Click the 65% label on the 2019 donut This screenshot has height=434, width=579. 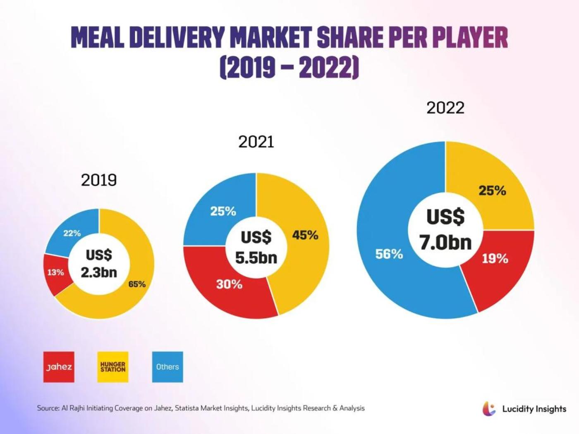coord(137,284)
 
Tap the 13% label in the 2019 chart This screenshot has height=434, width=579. coord(55,272)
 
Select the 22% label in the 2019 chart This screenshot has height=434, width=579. coord(72,233)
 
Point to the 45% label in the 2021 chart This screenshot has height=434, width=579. coord(305,235)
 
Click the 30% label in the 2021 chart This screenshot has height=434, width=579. coord(229,284)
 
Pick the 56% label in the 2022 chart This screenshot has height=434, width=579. coord(389,254)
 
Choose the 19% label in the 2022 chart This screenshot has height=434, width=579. coord(495,259)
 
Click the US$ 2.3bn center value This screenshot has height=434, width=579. coord(99,263)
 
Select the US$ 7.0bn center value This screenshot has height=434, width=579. coord(445,229)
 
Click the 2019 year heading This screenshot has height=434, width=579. coord(99,180)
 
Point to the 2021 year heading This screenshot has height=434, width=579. coord(256,142)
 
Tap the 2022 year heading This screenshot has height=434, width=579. coord(445,108)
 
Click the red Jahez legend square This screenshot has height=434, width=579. coord(59,367)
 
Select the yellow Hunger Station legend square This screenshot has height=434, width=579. coord(113,367)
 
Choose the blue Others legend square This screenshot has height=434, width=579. coord(167,367)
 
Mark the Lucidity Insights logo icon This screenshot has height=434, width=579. coord(489,409)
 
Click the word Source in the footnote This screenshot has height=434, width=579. coord(48,408)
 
